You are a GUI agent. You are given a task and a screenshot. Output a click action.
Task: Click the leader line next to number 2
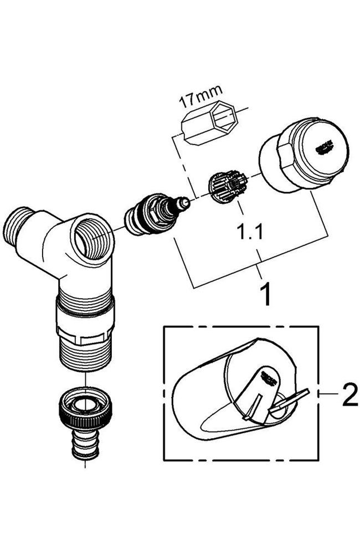coord(330,394)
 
